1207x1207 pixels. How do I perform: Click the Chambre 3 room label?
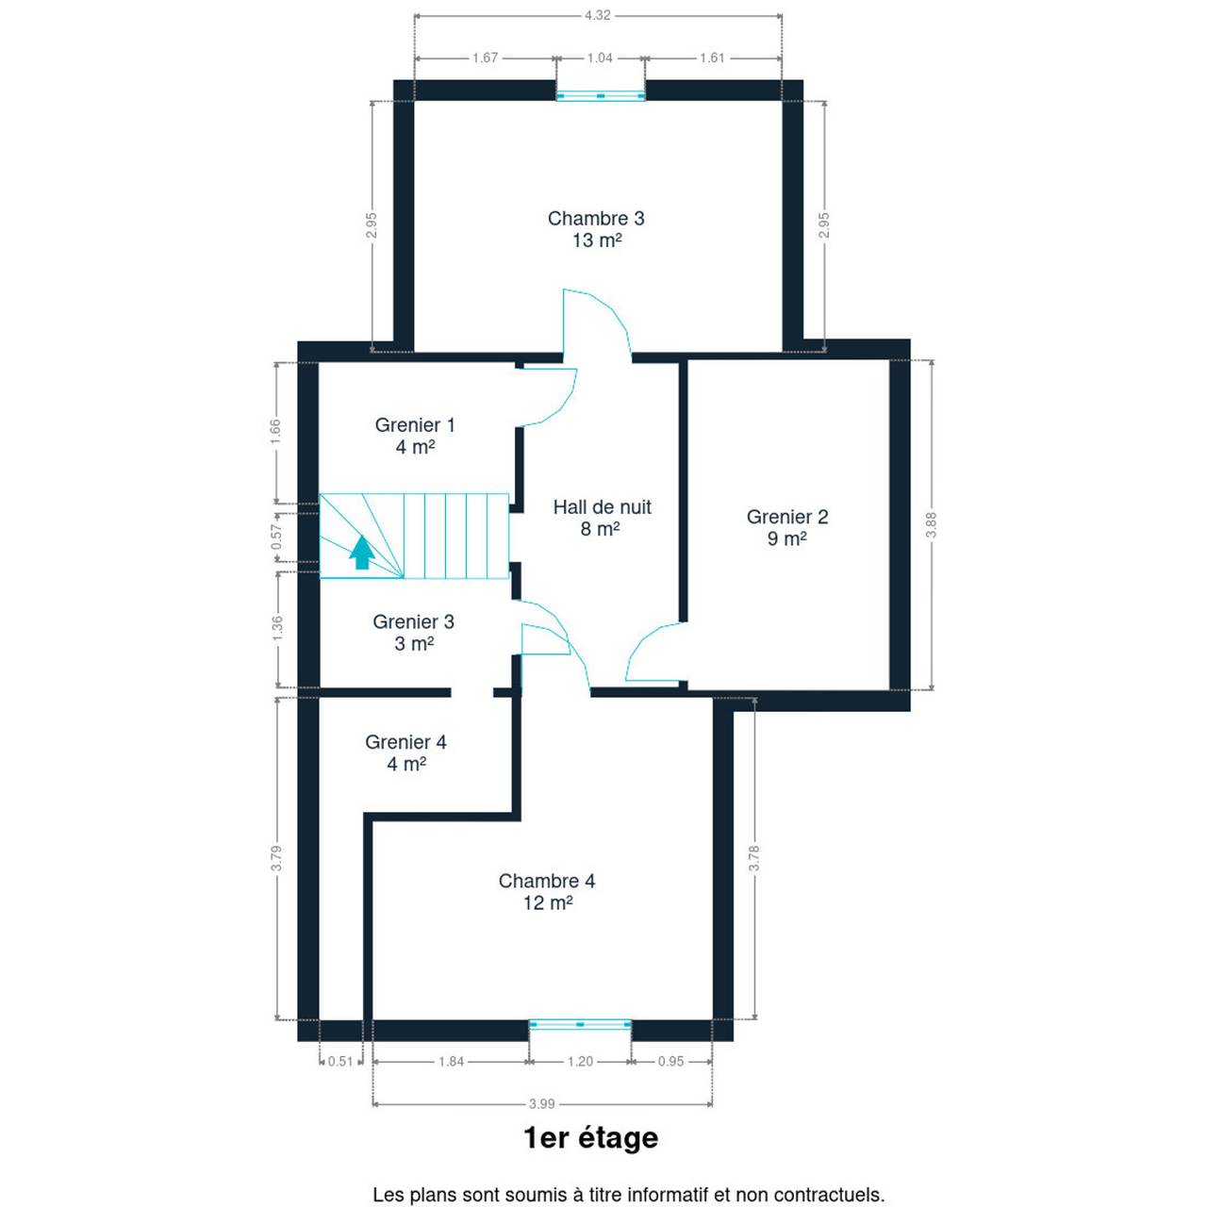596,218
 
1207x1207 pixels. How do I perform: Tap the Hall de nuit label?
602,506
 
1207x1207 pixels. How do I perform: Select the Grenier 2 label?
787,517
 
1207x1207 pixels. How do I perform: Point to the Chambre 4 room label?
547,881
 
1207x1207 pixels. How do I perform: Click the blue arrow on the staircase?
362,553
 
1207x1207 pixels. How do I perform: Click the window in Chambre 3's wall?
601,96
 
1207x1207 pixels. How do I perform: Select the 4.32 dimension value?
598,15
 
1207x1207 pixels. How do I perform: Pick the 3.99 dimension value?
542,1103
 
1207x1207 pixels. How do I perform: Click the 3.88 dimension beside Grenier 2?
932,525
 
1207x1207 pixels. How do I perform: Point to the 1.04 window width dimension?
600,58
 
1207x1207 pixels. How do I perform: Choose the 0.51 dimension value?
340,1061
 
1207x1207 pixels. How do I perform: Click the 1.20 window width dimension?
580,1061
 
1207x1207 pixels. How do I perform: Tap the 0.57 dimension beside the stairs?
277,537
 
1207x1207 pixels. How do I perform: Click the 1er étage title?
590,1138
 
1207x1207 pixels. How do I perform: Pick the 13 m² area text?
597,240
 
